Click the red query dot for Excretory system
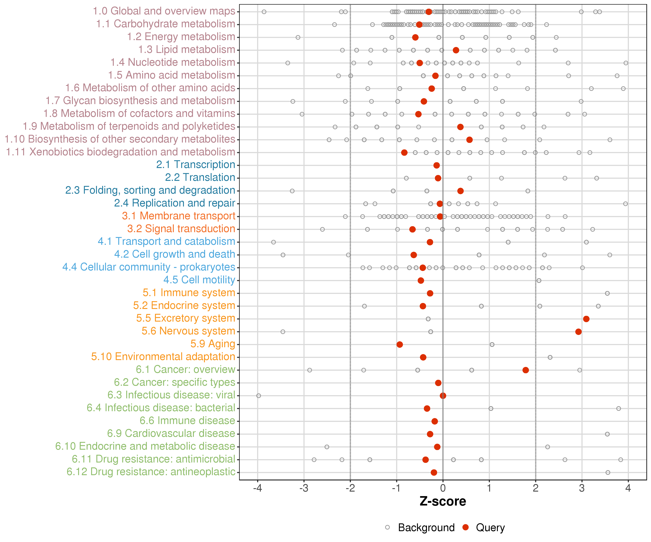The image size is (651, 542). (586, 319)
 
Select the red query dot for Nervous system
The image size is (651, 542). (578, 332)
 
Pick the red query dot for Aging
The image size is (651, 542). (400, 344)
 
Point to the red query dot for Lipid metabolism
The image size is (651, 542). (456, 50)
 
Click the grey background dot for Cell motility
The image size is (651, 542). (539, 280)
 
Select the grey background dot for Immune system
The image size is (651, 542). (607, 293)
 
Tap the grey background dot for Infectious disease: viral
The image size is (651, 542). (259, 395)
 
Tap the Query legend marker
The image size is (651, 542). (465, 527)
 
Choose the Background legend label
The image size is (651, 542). (426, 527)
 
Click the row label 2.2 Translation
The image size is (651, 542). (200, 177)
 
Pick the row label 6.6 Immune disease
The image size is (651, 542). (187, 421)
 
